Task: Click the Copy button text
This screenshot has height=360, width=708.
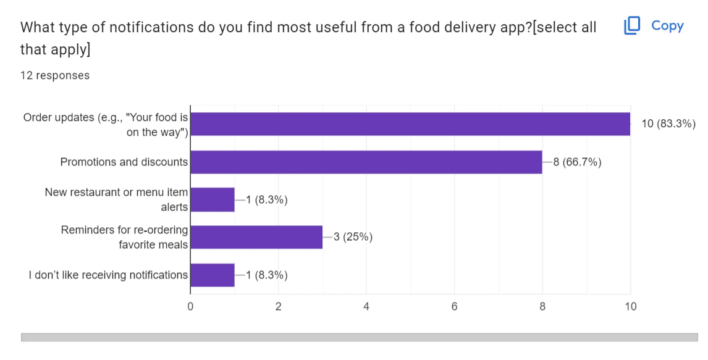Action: [667, 26]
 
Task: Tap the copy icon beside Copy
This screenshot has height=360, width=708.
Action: [632, 26]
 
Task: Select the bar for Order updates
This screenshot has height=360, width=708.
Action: [410, 124]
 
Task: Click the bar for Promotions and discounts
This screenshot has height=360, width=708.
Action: [366, 162]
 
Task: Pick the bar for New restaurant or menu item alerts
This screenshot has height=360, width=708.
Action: [213, 199]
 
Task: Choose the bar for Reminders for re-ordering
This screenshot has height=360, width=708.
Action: [256, 237]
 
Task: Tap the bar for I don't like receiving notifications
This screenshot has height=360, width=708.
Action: [213, 275]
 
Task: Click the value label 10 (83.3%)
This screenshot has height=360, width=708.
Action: [668, 124]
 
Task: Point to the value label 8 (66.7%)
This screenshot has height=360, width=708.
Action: [577, 162]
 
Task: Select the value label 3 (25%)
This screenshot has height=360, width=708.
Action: [353, 237]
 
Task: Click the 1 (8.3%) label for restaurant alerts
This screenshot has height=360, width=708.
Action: [267, 199]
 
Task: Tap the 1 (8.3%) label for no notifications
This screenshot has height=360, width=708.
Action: [267, 275]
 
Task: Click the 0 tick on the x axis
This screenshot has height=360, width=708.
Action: [190, 306]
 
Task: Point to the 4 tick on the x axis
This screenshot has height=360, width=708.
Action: [366, 306]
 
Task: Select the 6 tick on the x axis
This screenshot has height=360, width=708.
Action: [454, 306]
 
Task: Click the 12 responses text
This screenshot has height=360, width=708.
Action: [54, 75]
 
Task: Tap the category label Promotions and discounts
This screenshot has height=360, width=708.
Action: [124, 162]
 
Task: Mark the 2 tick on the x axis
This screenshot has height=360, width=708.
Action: [279, 306]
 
